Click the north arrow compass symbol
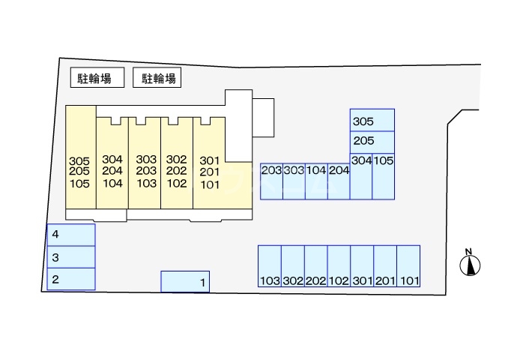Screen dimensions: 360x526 coord(470,265)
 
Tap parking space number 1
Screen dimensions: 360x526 coord(186,281)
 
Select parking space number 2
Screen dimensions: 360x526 coord(71,279)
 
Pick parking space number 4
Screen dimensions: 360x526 coord(71,235)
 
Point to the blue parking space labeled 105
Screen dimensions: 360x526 coord(384,176)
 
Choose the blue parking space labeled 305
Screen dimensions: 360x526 coord(372,120)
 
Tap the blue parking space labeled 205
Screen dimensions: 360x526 coord(372,141)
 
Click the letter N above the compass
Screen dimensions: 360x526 coord(468,251)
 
